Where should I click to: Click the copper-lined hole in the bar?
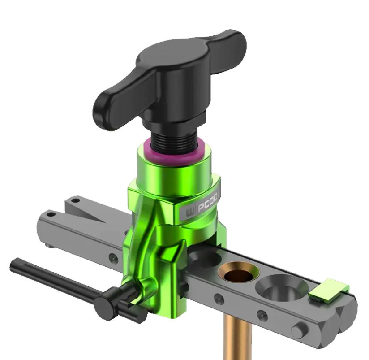coord(238,273)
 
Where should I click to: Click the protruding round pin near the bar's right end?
coord(298,332)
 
